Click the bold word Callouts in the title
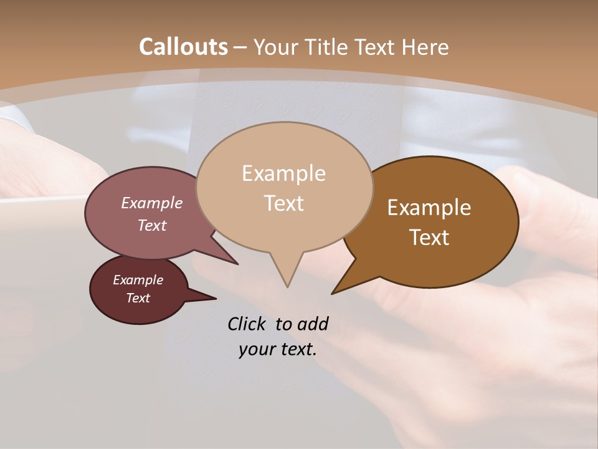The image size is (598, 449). tap(183, 47)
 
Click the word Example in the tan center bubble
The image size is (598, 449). tap(283, 173)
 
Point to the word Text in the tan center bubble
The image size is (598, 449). tap(284, 203)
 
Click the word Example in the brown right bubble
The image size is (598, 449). tap(429, 208)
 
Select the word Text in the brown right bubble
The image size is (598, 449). tap(429, 238)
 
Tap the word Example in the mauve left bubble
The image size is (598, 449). tap(151, 203)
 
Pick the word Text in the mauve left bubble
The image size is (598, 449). tap(152, 225)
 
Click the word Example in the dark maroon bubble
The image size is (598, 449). tap(138, 280)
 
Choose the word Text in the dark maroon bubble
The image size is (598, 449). tap(138, 298)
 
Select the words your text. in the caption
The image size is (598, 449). tap(278, 349)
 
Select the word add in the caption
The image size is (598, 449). tap(313, 324)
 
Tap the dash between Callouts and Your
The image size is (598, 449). tap(241, 47)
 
